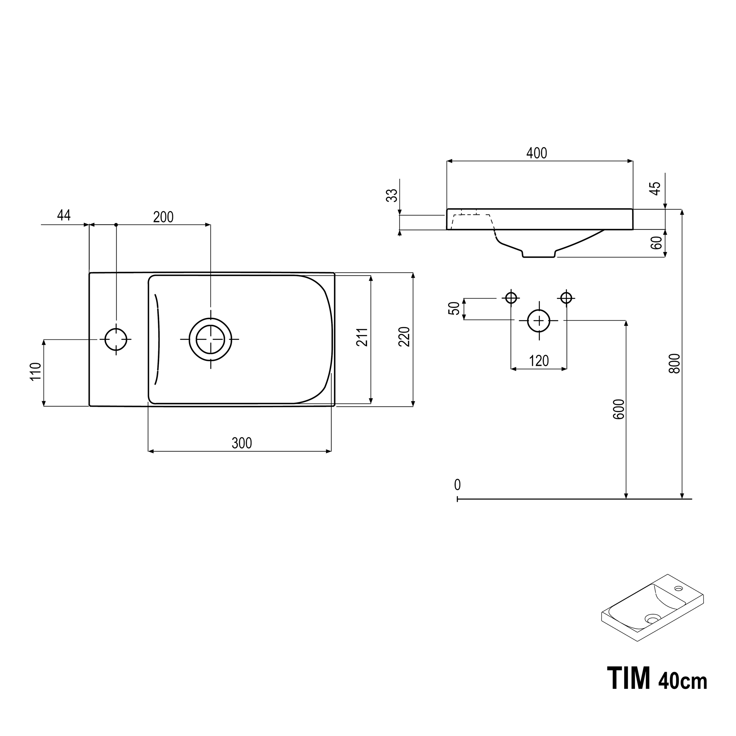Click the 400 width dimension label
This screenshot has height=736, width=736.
[536, 153]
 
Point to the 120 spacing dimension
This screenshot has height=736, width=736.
[539, 361]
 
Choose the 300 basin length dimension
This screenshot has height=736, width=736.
[241, 443]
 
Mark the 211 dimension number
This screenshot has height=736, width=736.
[363, 337]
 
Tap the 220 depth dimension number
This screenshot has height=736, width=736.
[404, 337]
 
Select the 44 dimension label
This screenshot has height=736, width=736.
[64, 215]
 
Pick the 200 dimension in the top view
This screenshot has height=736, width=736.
[163, 217]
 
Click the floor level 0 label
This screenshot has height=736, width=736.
[457, 485]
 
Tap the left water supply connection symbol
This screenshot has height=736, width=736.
[511, 298]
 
